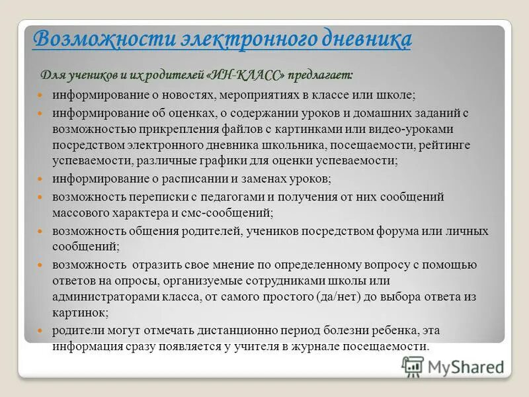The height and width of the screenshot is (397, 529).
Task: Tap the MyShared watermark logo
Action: click(x=453, y=366)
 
